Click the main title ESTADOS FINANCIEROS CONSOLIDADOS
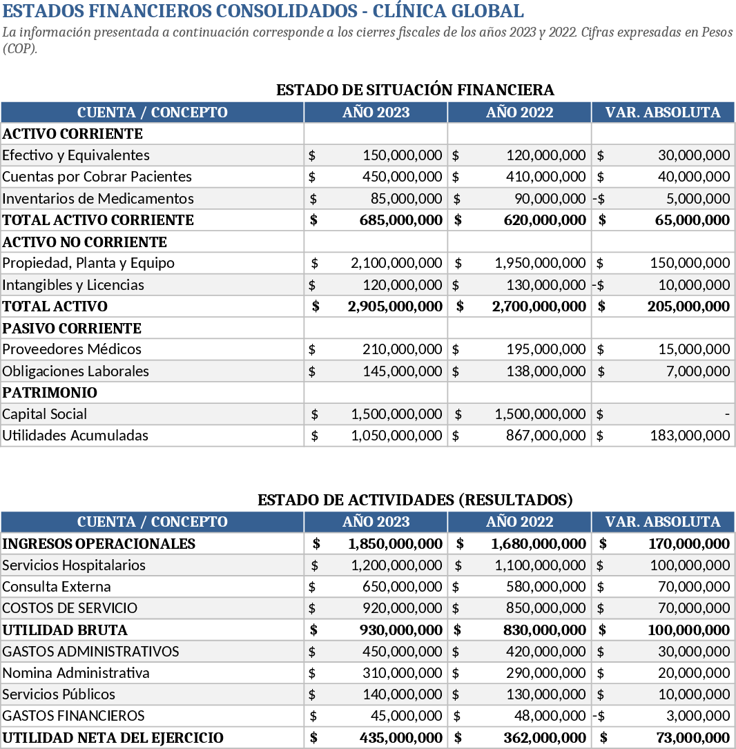coord(263,12)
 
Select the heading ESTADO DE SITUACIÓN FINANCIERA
coord(415,90)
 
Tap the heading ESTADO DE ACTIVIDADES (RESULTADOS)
coord(415,500)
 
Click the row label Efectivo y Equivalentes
coord(76,155)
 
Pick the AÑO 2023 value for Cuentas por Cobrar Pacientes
coord(402,177)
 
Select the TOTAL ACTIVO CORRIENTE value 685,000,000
coord(400,220)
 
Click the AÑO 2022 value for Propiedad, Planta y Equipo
coord(540,263)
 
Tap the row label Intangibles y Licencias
coord(73,285)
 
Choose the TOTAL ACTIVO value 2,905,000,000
coord(395,307)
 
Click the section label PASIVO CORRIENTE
coord(72,329)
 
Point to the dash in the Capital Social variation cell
coord(727,414)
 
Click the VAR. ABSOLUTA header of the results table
coord(663,522)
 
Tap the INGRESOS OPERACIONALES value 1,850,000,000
coord(395,544)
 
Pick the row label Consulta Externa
coord(57,587)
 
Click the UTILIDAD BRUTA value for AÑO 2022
coord(544,630)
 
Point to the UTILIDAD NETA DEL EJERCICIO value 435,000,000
coord(400,738)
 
